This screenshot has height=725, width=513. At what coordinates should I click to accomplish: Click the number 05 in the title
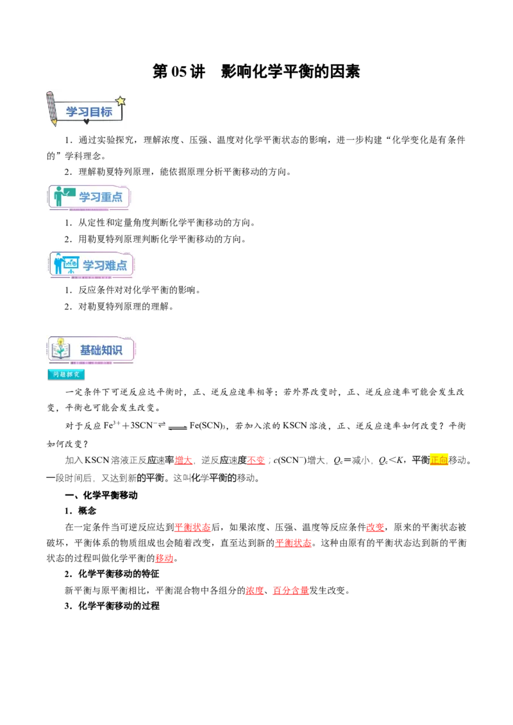pos(179,72)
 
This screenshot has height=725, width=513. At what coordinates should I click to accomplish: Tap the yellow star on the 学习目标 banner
pos(121,101)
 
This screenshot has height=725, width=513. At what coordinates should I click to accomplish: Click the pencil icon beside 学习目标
pos(51,109)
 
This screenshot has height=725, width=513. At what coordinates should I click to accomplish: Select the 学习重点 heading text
pos(101,197)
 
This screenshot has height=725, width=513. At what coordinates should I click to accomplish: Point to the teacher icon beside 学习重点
pos(63,196)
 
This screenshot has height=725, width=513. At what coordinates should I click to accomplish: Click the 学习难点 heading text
pos(105,265)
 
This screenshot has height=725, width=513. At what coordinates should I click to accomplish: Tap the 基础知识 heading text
pos(101,350)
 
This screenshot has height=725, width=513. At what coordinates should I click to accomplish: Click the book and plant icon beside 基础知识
pos(61,348)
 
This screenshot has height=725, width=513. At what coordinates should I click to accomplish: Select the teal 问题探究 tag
pos(66,375)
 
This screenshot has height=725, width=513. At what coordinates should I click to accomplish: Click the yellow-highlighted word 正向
pos(439,460)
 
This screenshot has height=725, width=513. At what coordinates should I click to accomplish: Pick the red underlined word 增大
pos(183,460)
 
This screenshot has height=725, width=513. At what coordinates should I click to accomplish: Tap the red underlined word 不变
pos(256,460)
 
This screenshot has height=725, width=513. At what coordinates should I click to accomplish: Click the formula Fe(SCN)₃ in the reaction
pos(207,426)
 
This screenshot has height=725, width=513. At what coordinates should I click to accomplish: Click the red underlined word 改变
pos(376,527)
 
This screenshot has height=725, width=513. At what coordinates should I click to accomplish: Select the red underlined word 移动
pos(164,558)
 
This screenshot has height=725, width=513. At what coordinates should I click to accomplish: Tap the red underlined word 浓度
pos(255,591)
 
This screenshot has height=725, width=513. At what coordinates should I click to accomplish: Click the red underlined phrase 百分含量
pos(290,591)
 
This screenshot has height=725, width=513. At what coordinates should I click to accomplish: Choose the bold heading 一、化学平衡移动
pos(101,495)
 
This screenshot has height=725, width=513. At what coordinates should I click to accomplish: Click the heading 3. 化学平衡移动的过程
pos(112,606)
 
